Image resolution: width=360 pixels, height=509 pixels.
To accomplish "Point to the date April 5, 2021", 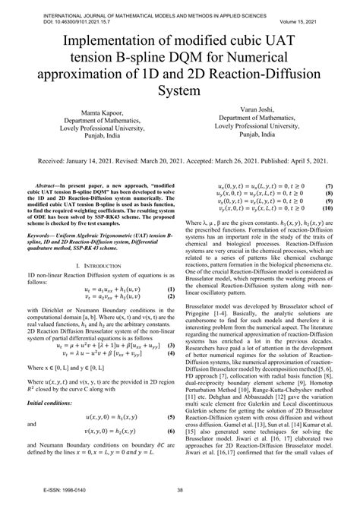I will coord(302,162).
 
